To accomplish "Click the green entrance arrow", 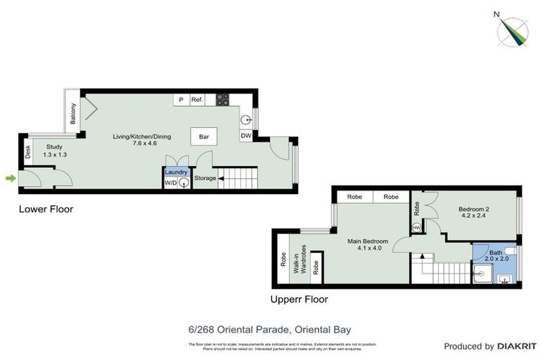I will pos(10,179).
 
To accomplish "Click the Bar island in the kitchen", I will pos(205,137).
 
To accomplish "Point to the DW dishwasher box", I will pos(246,136).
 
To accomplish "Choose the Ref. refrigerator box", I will pos(197,100).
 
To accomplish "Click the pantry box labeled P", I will pos(181,100).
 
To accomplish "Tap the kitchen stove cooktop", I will pos(222,100).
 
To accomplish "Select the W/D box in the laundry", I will pos(170,183).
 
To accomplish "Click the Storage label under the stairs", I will pos(205,179).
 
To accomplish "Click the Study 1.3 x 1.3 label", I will pos(55,150).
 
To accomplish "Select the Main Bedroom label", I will pos(368,244).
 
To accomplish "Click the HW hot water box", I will pos(417,227).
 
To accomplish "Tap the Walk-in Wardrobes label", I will pos(300,259).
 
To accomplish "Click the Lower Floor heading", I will pos(46,209).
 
